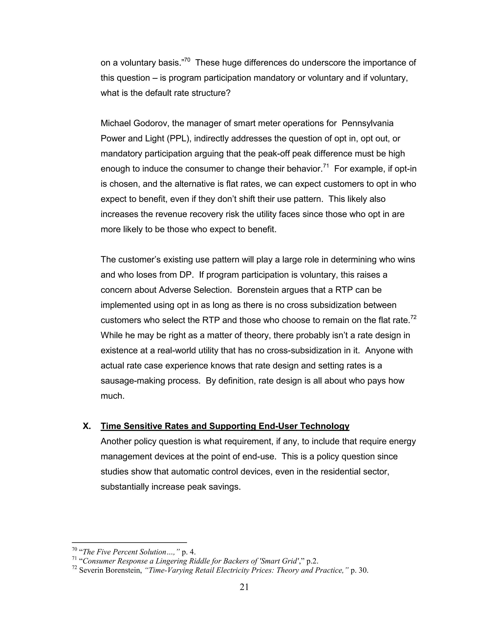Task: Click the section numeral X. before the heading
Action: click(x=87, y=426)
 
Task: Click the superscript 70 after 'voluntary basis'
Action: click(x=187, y=60)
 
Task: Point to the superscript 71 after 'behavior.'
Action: click(x=326, y=166)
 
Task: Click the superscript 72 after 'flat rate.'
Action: click(x=413, y=317)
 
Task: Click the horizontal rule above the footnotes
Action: click(x=129, y=543)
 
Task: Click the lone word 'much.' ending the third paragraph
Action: click(x=112, y=396)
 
